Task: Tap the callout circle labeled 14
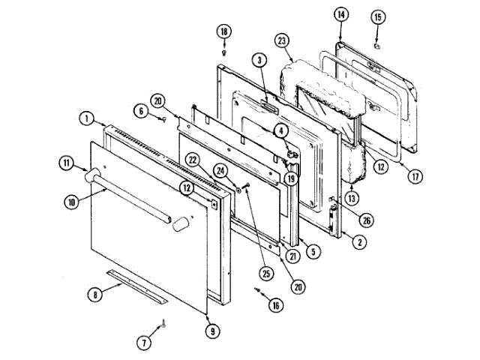click(340, 14)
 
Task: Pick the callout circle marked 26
click(365, 220)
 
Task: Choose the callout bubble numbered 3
click(257, 60)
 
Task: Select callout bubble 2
click(361, 241)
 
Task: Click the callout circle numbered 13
click(351, 199)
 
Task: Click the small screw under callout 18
click(225, 52)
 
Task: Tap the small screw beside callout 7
click(164, 323)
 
